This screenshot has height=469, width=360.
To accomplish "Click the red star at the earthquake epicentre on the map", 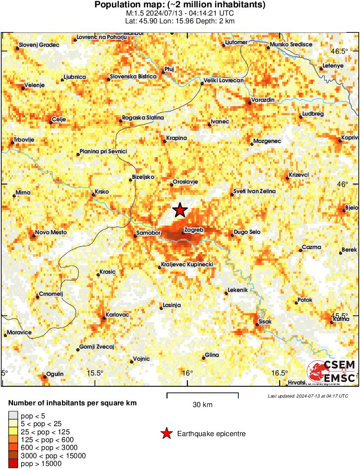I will click(180, 210).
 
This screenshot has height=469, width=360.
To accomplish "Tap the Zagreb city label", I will click(194, 230).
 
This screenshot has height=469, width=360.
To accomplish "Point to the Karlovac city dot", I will click(104, 318).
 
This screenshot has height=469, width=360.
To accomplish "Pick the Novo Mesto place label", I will click(51, 233).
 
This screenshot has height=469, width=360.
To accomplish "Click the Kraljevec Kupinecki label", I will click(187, 264).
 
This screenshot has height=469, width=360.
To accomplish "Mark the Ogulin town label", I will click(55, 374).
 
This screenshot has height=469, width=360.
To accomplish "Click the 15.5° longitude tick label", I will click(95, 373).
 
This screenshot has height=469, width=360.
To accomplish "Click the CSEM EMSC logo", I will click(331, 372).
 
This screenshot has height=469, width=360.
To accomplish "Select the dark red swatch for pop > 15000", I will click(13, 464).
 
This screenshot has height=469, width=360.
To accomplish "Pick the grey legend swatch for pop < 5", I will click(13, 415).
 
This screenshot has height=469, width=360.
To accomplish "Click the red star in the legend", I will click(166, 433).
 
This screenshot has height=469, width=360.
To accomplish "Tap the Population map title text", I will click(180, 5).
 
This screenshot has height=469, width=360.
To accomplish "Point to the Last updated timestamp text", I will click(308, 396).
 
